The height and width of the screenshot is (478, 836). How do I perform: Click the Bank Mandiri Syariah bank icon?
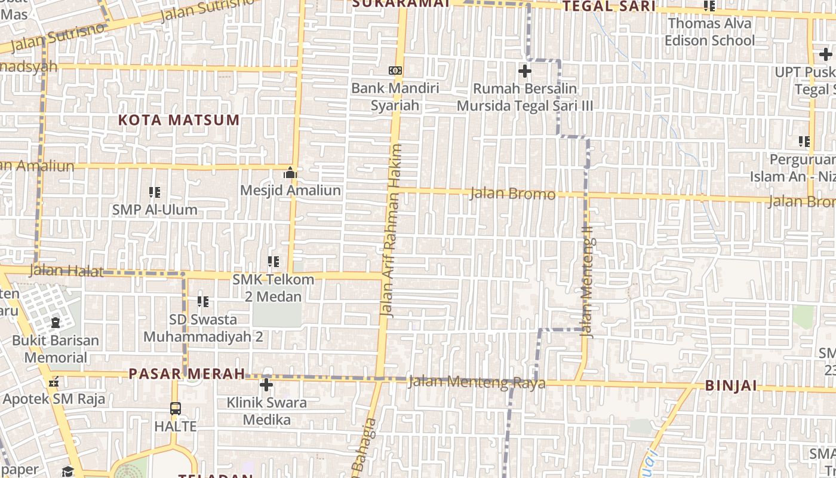point(395,71)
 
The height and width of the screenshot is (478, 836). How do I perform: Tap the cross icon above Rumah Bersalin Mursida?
point(524,71)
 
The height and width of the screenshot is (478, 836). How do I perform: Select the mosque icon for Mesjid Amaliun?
point(290,173)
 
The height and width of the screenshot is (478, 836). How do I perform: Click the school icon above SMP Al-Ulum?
point(155,192)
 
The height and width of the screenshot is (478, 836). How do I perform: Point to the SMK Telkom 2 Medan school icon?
point(273,262)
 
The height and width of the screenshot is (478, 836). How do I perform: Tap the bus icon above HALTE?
point(175,409)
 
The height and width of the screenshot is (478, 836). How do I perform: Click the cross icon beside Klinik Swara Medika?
point(266,385)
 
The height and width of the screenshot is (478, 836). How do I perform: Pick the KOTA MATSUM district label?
point(179,120)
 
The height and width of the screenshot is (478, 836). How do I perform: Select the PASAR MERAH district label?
point(187,374)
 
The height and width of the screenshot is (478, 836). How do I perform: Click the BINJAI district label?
point(731,385)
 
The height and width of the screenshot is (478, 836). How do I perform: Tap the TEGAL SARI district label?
point(609,7)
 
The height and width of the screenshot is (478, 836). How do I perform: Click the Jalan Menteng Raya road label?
point(477,382)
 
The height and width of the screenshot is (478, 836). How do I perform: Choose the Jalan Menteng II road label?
point(588,281)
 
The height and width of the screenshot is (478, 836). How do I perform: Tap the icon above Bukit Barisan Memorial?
point(56,323)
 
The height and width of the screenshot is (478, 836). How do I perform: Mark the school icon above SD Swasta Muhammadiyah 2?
point(203,302)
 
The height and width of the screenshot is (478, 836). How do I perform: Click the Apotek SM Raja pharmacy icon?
point(54,382)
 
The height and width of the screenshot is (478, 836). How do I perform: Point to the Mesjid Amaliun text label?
point(290,191)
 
